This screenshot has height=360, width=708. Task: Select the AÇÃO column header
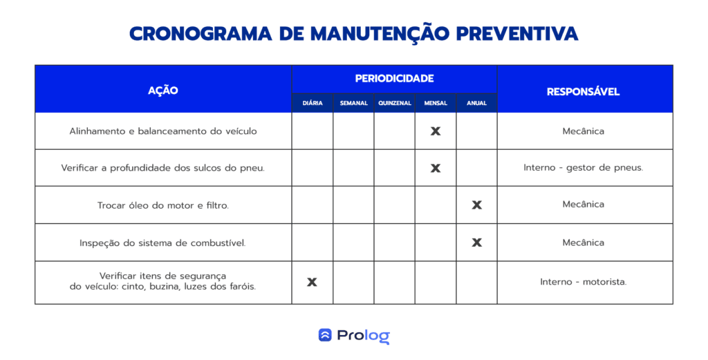pyautogui.click(x=163, y=91)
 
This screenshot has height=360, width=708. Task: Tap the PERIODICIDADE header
pyautogui.click(x=394, y=79)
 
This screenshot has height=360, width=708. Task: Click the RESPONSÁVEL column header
pyautogui.click(x=583, y=92)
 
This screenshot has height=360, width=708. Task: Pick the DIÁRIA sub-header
pyautogui.click(x=313, y=104)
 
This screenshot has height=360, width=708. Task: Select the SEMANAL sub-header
pyautogui.click(x=353, y=104)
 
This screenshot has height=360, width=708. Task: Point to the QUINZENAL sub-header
pyautogui.click(x=395, y=104)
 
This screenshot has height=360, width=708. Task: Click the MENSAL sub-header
pyautogui.click(x=436, y=104)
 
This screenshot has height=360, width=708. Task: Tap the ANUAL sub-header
pyautogui.click(x=477, y=104)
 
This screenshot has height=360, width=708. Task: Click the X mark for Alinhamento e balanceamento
pyautogui.click(x=436, y=131)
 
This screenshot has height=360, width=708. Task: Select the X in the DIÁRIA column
pyautogui.click(x=312, y=282)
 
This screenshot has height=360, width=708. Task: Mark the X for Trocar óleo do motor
pyautogui.click(x=477, y=205)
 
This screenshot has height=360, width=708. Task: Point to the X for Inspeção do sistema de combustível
pyautogui.click(x=477, y=243)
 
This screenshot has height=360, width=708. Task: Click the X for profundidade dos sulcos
pyautogui.click(x=436, y=169)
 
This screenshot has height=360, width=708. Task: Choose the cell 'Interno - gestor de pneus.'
pyautogui.click(x=584, y=168)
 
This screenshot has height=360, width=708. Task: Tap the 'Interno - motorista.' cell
pyautogui.click(x=584, y=282)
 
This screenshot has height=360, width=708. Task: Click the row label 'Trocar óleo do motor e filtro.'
pyautogui.click(x=163, y=205)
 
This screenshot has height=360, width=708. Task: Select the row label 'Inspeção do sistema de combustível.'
pyautogui.click(x=162, y=243)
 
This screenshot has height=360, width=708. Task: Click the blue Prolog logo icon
pyautogui.click(x=325, y=334)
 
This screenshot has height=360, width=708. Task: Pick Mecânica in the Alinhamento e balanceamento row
pyautogui.click(x=584, y=131)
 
